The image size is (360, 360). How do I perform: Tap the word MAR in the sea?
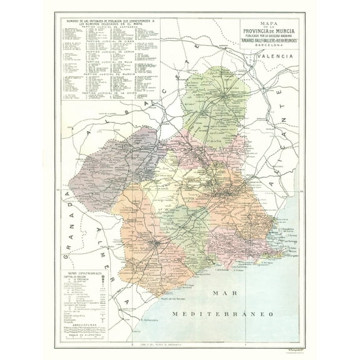tap(224, 292)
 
